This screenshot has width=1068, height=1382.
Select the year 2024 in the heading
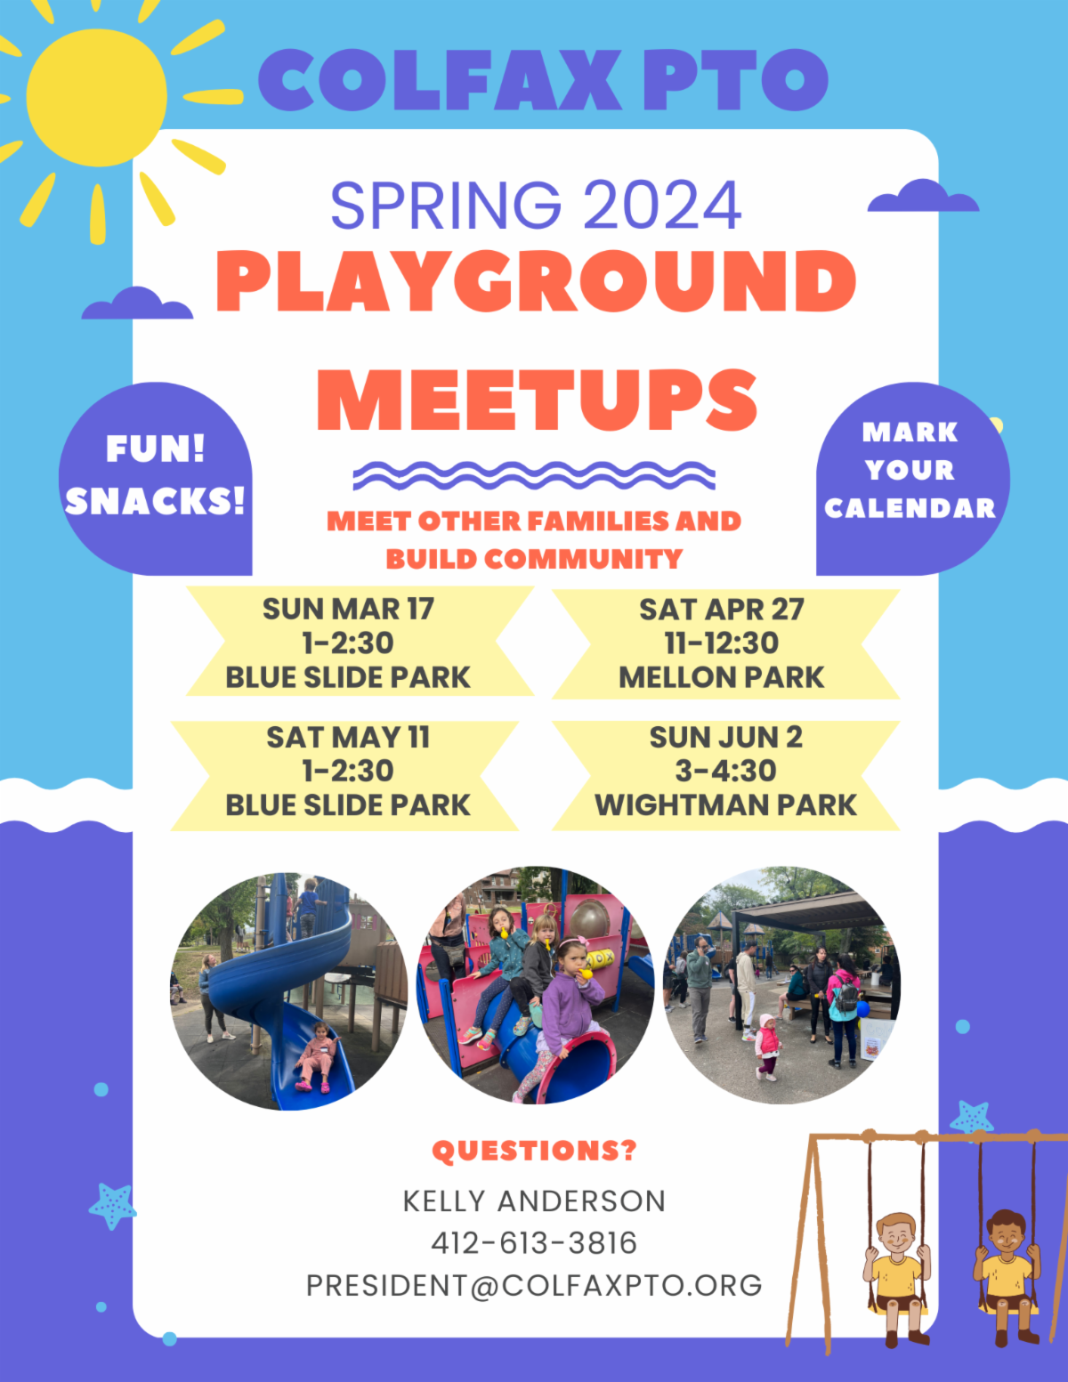click(x=662, y=206)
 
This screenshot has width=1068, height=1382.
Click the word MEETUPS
click(x=537, y=400)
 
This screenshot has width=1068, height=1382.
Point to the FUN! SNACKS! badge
click(x=156, y=476)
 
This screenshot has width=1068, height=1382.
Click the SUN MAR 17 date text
click(x=348, y=609)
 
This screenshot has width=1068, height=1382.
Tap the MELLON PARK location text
click(x=721, y=677)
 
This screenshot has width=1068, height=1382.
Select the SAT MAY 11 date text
click(x=348, y=737)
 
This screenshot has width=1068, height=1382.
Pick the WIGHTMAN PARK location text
click(x=725, y=804)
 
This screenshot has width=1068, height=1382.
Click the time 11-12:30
click(x=721, y=643)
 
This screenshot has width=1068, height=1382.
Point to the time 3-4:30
click(x=725, y=771)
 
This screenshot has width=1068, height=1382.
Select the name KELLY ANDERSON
click(x=534, y=1200)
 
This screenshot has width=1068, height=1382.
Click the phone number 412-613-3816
click(x=534, y=1242)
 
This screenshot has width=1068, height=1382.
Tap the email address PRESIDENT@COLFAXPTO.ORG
click(x=534, y=1285)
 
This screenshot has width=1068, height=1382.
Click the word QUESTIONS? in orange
click(x=534, y=1151)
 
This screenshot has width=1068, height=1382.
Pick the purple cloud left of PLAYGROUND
click(x=137, y=304)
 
